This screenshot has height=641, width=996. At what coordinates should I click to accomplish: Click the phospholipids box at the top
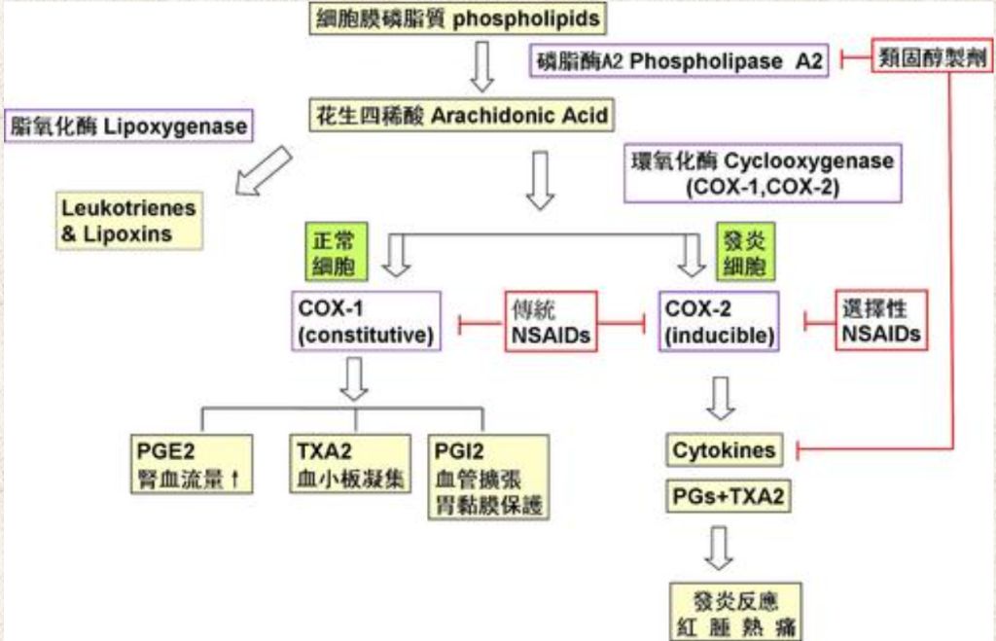458,19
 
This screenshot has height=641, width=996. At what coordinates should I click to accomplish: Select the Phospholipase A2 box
680,61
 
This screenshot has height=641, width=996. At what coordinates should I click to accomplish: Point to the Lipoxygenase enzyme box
127,126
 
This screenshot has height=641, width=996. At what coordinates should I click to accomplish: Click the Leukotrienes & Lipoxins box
128,221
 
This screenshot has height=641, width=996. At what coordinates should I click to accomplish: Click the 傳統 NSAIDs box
549,321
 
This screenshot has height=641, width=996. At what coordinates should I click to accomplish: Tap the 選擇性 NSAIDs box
880,321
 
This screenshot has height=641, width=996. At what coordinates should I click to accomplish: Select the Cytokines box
725,449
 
